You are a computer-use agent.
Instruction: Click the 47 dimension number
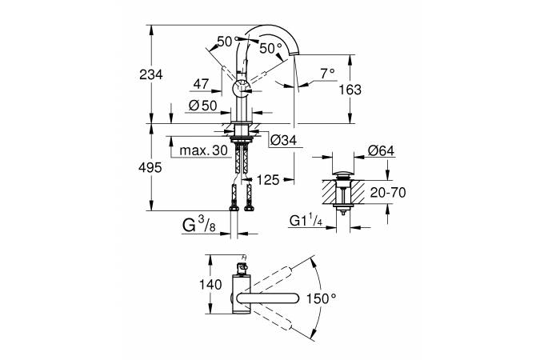(x=201, y=82)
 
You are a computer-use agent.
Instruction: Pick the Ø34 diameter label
(x=285, y=140)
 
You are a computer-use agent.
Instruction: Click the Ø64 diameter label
(x=380, y=150)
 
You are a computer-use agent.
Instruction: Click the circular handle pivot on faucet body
(x=240, y=90)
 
